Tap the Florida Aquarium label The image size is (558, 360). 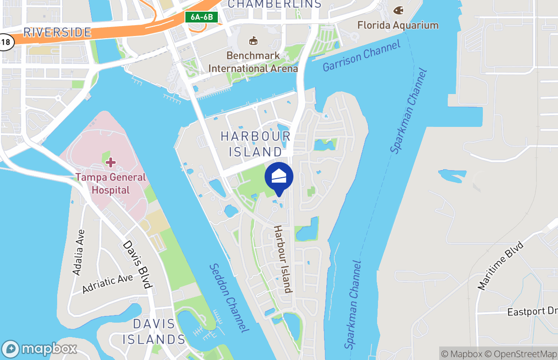pyautogui.click(x=398, y=25)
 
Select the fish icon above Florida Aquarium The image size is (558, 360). pyautogui.click(x=398, y=10)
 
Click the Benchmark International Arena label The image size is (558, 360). pyautogui.click(x=253, y=62)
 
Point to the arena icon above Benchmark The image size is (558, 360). pyautogui.click(x=253, y=41)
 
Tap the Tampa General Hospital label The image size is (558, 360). pyautogui.click(x=111, y=183)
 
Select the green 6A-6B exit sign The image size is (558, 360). pyautogui.click(x=202, y=17)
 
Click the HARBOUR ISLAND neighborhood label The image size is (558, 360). pyautogui.click(x=256, y=144)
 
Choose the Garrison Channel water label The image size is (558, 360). pyautogui.click(x=361, y=56)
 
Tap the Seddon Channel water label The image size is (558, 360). pyautogui.click(x=229, y=298)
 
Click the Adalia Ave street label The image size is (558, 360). pyautogui.click(x=78, y=252)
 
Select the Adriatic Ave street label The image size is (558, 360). pyautogui.click(x=108, y=284)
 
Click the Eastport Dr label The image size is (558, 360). pyautogui.click(x=532, y=312)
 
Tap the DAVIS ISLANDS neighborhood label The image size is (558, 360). pyautogui.click(x=154, y=331)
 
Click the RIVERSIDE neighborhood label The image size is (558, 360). pyautogui.click(x=57, y=32)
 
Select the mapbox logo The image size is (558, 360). pyautogui.click(x=40, y=349)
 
